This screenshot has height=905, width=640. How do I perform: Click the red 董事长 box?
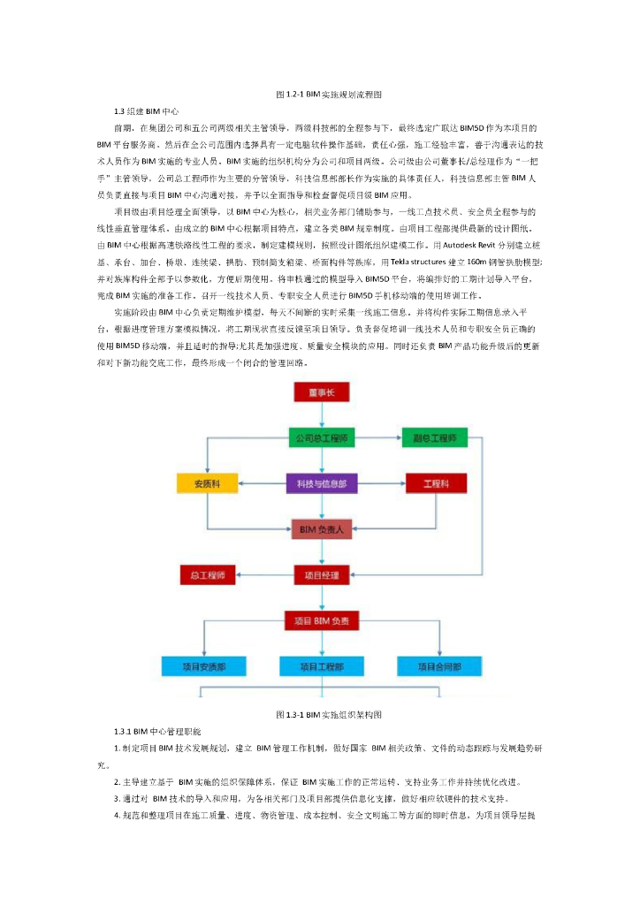(x=320, y=392)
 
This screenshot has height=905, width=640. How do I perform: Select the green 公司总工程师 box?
(x=320, y=438)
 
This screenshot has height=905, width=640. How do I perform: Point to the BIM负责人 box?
(x=320, y=529)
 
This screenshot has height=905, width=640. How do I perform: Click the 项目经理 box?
(x=320, y=575)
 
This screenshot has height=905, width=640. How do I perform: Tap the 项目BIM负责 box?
(x=320, y=621)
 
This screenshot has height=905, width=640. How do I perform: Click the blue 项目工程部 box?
(x=320, y=666)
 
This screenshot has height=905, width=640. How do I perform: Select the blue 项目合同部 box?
(x=439, y=666)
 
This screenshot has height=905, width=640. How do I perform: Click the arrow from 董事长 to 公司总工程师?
(x=320, y=415)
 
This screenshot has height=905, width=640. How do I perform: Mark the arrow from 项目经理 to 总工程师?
(x=264, y=575)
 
